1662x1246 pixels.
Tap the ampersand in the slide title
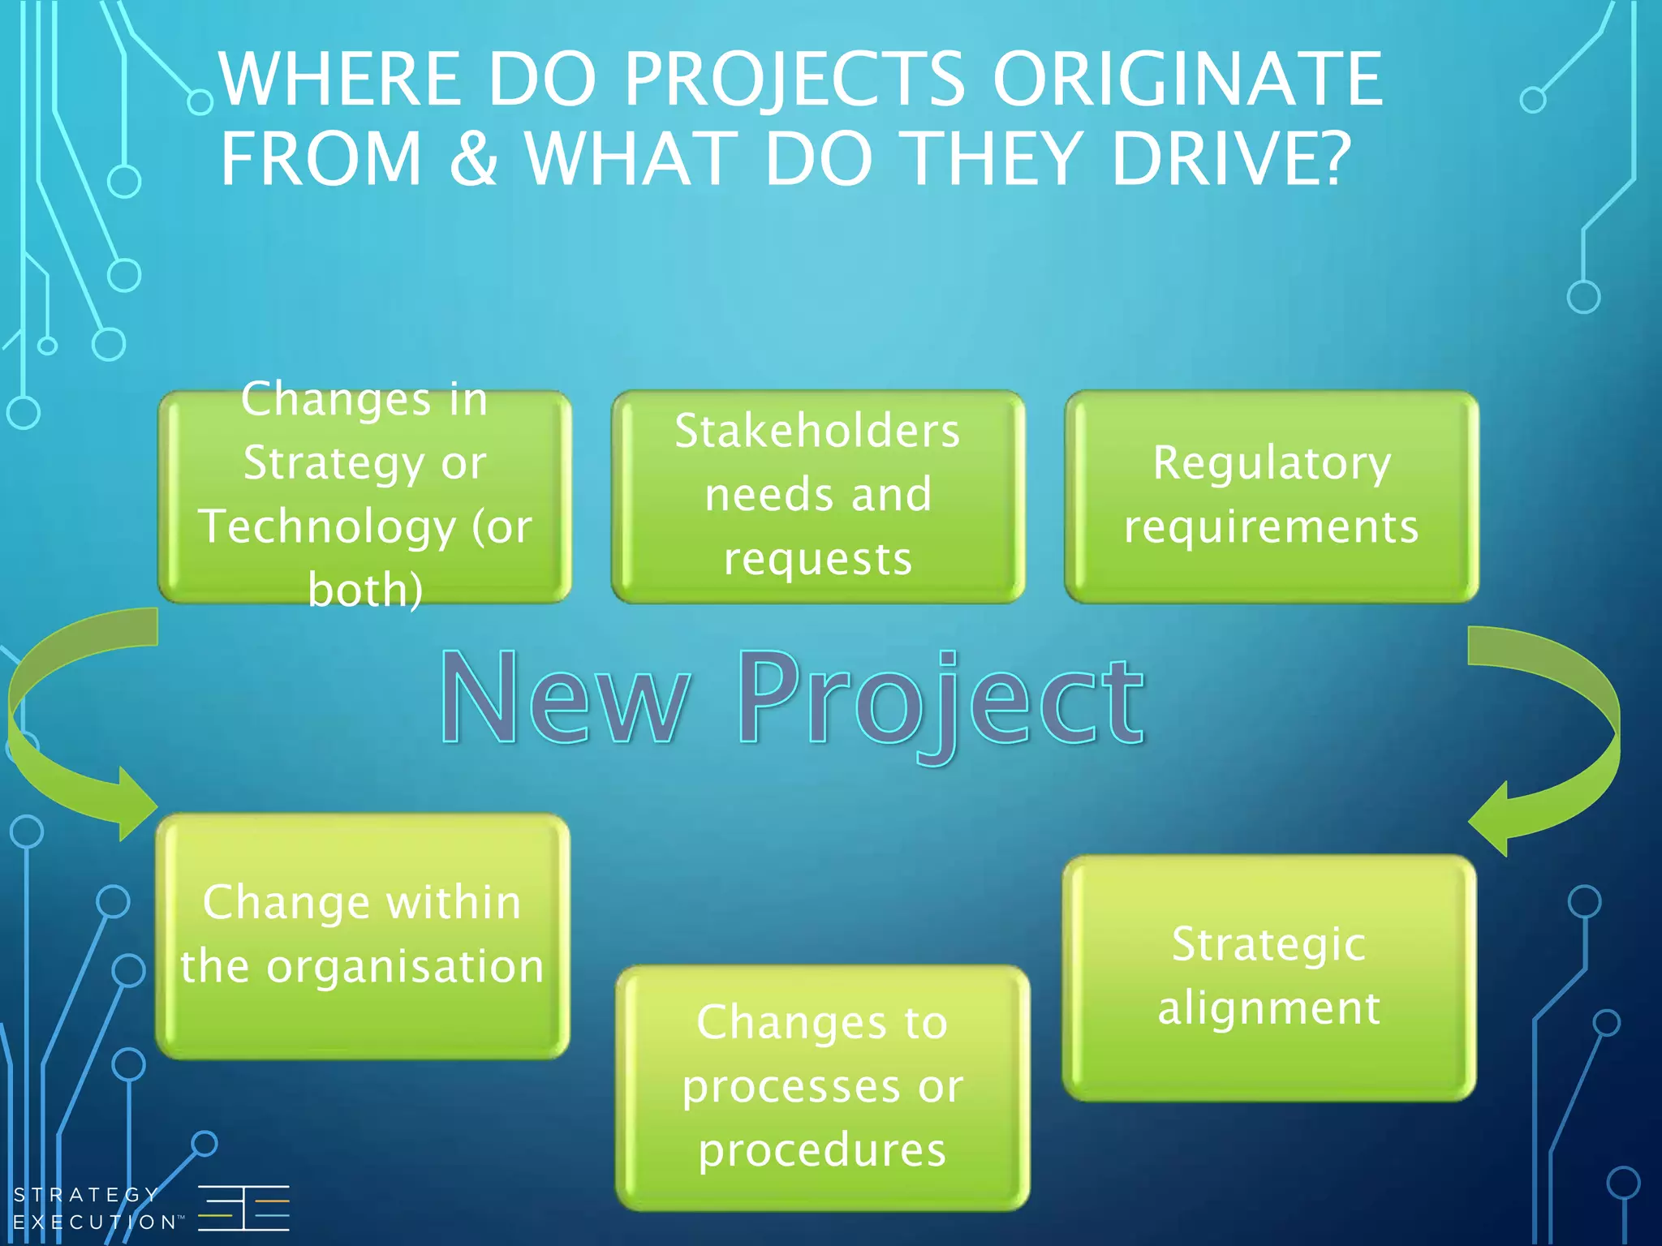[x=473, y=157]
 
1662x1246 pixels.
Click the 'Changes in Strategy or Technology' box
[x=365, y=496]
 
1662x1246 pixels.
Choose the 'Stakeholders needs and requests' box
[x=818, y=496]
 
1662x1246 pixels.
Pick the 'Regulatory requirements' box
[x=1271, y=496]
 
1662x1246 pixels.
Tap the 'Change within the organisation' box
[x=363, y=936]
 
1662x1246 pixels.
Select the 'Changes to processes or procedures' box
[x=822, y=1087]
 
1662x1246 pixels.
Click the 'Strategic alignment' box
[x=1269, y=977]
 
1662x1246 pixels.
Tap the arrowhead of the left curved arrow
[x=136, y=803]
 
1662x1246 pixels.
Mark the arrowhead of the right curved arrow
[x=1490, y=819]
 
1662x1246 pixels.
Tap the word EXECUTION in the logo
[x=95, y=1222]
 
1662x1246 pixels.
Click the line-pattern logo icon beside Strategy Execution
[x=243, y=1208]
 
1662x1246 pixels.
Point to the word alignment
[x=1269, y=1009]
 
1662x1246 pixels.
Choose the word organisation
[x=405, y=967]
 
